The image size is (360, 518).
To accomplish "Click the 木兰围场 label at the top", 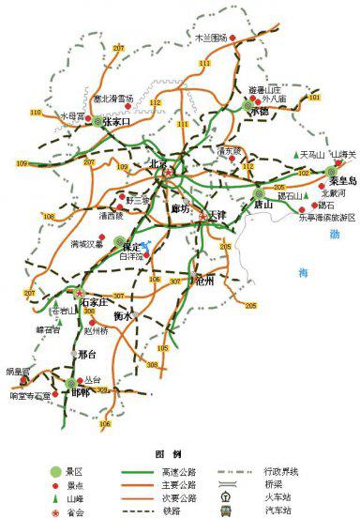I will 211,38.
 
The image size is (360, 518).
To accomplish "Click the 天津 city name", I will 217,215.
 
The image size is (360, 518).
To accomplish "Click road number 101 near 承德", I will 314,98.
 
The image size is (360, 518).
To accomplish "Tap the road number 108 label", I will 48,218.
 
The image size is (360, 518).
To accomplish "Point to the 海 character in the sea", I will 301,273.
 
